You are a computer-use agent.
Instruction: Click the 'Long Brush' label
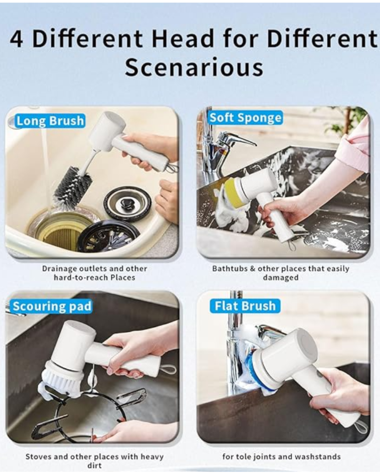pos(50,121)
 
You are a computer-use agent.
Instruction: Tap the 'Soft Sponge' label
pos(245,118)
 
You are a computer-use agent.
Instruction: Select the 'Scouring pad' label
pos(51,307)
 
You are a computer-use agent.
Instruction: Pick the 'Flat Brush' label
pos(245,306)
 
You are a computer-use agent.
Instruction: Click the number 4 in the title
pos(16,39)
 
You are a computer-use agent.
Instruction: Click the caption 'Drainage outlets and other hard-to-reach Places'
pos(94,273)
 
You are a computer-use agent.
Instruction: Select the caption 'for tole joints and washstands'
pos(281,456)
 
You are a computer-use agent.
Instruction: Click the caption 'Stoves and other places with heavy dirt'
pos(94,461)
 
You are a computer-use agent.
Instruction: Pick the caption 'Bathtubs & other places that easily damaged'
pos(281,273)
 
